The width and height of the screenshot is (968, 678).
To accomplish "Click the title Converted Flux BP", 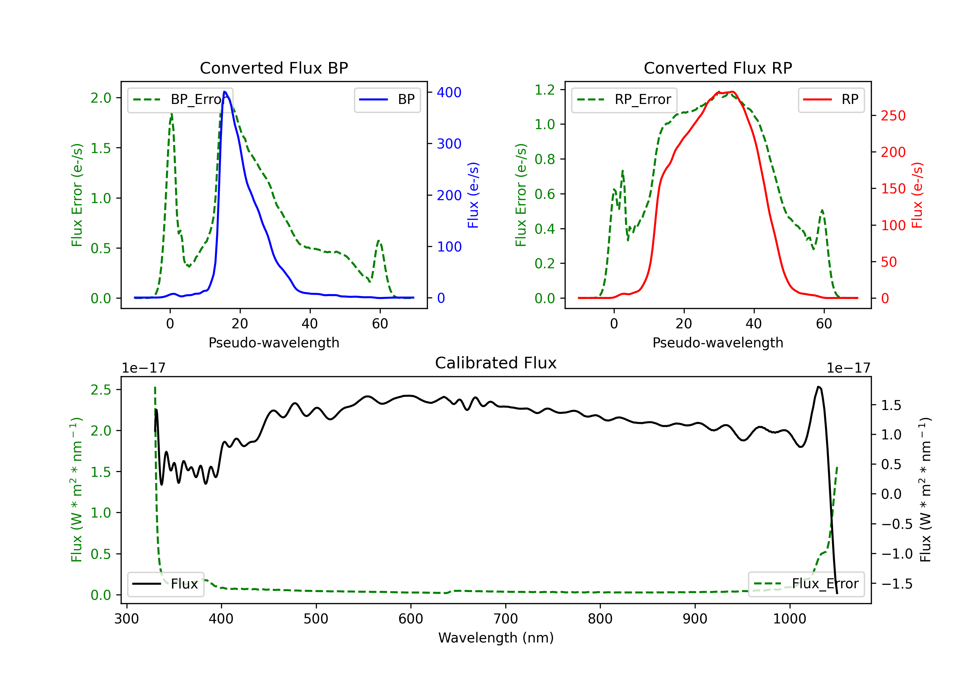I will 274,68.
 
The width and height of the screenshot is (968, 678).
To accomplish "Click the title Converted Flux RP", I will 718,68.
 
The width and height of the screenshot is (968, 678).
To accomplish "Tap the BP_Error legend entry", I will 180,99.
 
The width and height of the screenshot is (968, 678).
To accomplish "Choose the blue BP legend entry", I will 387,99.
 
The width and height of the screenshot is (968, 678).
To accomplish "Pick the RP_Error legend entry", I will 624,99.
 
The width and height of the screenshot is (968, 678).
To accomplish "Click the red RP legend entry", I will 831,99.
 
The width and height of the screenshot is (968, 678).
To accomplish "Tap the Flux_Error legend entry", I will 806,584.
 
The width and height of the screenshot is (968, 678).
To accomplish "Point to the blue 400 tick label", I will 449,92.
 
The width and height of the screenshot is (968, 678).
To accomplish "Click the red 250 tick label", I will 893,116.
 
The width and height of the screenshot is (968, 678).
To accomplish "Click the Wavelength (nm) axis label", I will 496,638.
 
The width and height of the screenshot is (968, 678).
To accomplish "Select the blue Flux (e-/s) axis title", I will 473,195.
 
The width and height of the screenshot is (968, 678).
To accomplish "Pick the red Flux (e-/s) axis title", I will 917,195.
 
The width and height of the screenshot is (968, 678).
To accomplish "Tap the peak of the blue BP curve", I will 225,92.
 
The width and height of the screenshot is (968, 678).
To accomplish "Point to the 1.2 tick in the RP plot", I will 544,89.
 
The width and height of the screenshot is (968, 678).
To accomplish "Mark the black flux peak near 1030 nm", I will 818,387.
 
